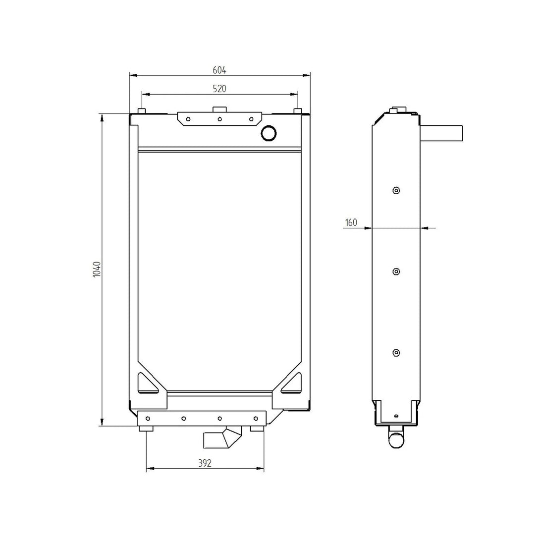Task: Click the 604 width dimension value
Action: pos(219,70)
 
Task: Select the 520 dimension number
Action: pos(219,89)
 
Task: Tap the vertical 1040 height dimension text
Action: pos(97,269)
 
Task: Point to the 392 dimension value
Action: pos(205,463)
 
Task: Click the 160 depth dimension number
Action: pos(351,223)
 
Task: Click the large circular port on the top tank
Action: pos(269,132)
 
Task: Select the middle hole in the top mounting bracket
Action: pos(219,119)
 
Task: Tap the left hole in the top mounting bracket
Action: pos(188,119)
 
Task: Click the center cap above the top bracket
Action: pos(219,109)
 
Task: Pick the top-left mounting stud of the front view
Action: pos(142,110)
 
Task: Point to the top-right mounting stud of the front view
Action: pos(297,110)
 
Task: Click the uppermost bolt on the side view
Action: pos(395,191)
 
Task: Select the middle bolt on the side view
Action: pos(395,271)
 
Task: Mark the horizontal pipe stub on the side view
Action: pos(441,133)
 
